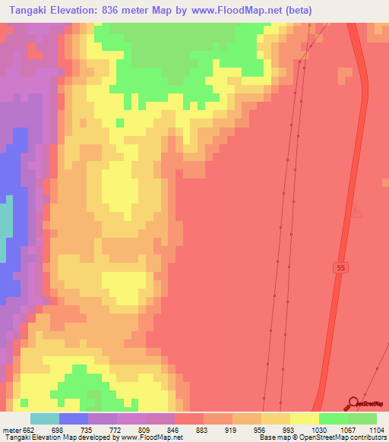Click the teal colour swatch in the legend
pos(45,418)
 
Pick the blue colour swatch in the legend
pos(74,418)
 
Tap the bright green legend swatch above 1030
pos(334,418)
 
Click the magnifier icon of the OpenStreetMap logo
pos(353,403)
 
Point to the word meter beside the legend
pos(12,429)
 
